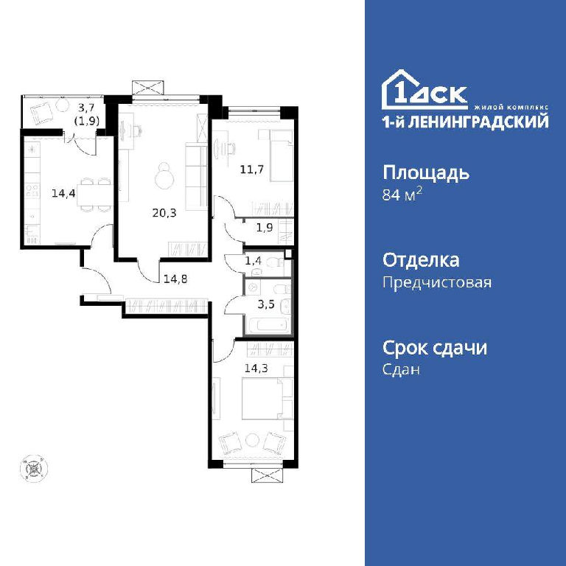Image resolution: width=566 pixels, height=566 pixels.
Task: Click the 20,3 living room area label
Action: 164,213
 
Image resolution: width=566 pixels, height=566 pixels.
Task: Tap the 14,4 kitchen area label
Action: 63,194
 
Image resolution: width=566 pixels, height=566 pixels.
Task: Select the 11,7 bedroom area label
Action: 252,169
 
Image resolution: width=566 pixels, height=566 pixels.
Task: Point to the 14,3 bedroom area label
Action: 256,368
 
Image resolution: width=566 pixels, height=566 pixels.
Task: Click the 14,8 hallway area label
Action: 175,279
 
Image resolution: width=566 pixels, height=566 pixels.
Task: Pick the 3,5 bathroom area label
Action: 265,304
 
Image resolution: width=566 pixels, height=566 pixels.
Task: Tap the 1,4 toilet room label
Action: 253,261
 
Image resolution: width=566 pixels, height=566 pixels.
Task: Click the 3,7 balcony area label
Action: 87,107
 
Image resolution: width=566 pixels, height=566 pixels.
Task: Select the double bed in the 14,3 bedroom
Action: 267,399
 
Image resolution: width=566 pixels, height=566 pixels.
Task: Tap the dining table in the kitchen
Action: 94,195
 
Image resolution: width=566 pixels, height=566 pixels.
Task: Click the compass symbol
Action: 35,468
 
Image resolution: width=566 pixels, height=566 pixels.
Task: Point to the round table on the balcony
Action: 63,105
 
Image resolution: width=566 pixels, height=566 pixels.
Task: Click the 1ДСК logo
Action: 424,89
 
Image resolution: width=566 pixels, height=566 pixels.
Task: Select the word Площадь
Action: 426,173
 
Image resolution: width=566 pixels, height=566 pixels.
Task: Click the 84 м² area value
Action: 402,195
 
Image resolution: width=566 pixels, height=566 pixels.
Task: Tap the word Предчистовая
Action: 437,282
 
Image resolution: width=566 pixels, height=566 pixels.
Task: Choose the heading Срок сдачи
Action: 435,348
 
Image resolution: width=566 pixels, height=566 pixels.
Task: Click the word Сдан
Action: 401,369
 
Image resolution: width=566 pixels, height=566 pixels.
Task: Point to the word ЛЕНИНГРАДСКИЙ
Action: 480,122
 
